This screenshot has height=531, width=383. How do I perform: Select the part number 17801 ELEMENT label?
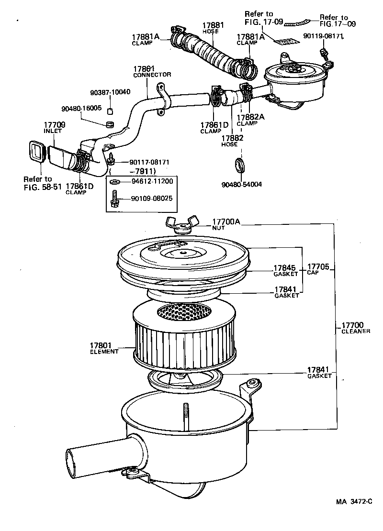[104, 348]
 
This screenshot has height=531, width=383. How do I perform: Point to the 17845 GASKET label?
[285, 271]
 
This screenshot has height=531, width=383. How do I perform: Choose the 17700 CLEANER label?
[356, 328]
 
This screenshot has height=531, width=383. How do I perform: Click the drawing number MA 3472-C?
[353, 502]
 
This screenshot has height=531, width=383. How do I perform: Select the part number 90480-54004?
[242, 184]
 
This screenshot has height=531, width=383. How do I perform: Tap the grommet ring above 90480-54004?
[240, 165]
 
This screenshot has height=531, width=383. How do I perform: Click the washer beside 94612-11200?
[115, 182]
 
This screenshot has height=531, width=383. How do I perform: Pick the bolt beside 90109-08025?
[114, 199]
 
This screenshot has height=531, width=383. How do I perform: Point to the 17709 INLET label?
[54, 128]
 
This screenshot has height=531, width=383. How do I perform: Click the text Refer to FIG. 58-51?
[43, 183]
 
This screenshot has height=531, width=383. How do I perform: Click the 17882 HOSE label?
[232, 141]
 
